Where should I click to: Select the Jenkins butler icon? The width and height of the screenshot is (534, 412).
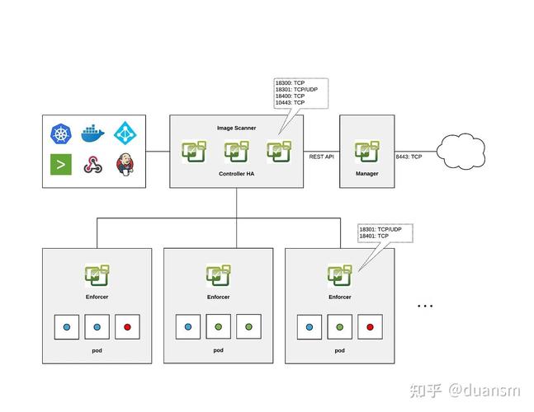[125, 165]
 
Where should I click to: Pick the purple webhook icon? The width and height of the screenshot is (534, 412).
[92, 165]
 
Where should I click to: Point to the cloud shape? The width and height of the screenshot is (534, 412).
[463, 151]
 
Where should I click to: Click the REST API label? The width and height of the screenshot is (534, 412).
[321, 157]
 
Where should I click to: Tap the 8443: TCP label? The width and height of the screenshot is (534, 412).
[409, 157]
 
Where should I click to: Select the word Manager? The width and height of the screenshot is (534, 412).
[366, 174]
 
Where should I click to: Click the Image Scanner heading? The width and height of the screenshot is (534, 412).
[236, 128]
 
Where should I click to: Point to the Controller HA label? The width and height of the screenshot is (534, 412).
[236, 174]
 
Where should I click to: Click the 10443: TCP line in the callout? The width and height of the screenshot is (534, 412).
[290, 102]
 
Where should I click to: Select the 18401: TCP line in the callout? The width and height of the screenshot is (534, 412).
[373, 236]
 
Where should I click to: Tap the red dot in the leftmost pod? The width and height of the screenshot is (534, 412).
[127, 327]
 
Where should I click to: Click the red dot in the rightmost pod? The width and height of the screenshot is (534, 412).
[370, 327]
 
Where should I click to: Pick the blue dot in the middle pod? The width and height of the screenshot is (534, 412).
[188, 327]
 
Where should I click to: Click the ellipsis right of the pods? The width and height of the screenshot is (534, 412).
[425, 306]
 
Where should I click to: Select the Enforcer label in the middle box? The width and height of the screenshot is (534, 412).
[218, 297]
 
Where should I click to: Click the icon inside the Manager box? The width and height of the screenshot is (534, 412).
[366, 152]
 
